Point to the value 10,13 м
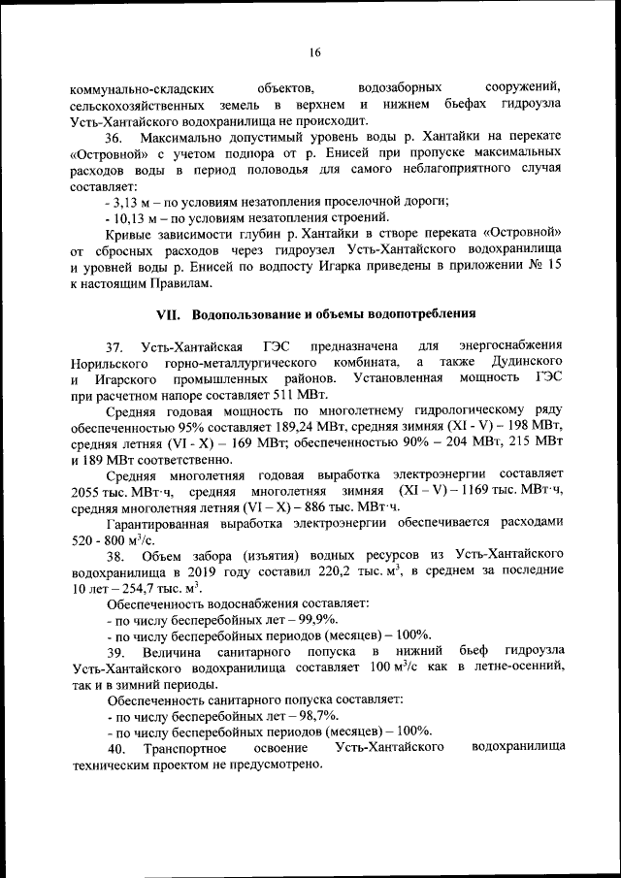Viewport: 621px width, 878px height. (134, 217)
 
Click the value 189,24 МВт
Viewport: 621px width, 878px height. (340, 425)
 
